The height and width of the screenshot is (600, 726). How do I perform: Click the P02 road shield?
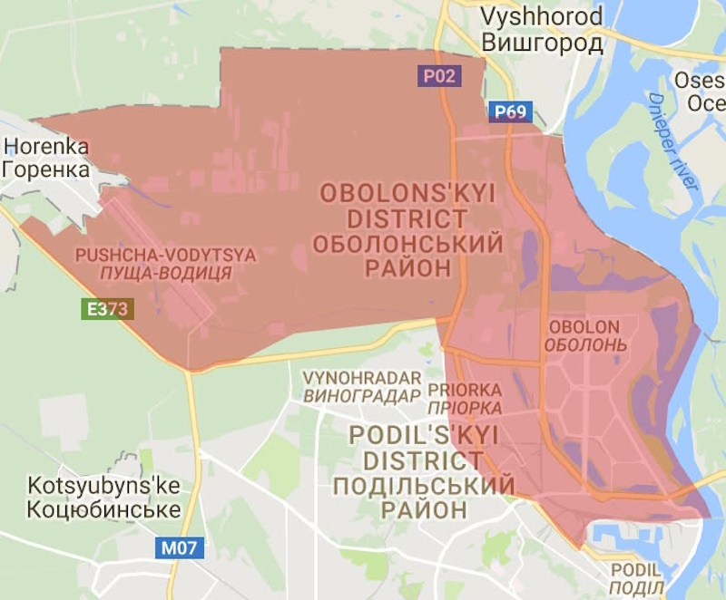pyautogui.click(x=439, y=76)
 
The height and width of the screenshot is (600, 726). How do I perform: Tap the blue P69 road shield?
pyautogui.click(x=509, y=111)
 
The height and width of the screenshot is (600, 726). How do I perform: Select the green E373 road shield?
pyautogui.click(x=106, y=309)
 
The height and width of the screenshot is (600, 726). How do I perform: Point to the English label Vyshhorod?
pyautogui.click(x=541, y=17)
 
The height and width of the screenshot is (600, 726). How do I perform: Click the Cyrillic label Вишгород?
pyautogui.click(x=542, y=43)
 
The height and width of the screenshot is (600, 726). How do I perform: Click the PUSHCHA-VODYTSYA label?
pyautogui.click(x=166, y=255)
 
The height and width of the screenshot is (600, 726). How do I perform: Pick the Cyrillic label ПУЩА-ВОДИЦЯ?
pyautogui.click(x=166, y=273)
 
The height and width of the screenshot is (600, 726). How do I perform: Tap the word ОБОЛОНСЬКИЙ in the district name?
pyautogui.click(x=406, y=243)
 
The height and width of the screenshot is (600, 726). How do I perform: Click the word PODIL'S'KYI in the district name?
pyautogui.click(x=423, y=436)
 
